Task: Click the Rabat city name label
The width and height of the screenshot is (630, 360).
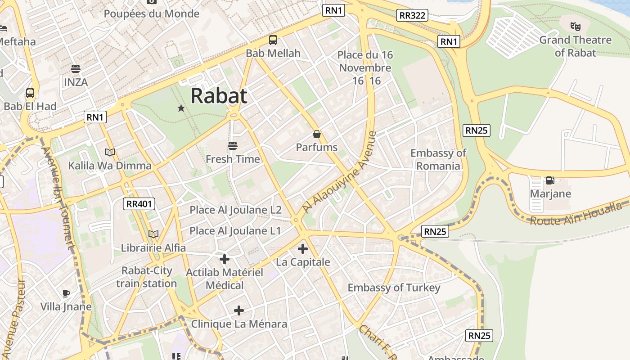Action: click(219, 96)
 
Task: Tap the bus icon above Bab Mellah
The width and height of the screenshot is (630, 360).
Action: click(273, 40)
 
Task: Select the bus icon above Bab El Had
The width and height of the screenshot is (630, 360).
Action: click(30, 93)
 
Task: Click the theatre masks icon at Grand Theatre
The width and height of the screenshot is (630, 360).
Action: click(575, 27)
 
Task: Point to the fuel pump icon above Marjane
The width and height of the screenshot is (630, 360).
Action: click(550, 180)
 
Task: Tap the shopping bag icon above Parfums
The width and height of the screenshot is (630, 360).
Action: click(317, 134)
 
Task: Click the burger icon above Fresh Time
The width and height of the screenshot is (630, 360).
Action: click(233, 146)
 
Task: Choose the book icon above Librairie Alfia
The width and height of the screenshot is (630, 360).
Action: click(153, 234)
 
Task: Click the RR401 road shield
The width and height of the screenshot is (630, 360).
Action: click(139, 204)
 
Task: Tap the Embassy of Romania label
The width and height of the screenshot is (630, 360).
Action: click(438, 159)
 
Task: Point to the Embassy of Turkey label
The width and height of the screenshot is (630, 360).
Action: click(394, 288)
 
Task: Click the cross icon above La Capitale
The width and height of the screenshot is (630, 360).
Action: click(303, 248)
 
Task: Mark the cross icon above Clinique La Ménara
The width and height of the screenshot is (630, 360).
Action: click(239, 310)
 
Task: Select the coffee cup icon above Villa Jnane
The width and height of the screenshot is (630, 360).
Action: click(66, 293)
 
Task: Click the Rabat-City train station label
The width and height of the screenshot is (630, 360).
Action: click(147, 277)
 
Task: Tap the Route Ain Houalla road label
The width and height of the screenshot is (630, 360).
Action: click(576, 215)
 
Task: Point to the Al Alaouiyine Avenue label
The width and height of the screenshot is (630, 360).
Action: click(339, 172)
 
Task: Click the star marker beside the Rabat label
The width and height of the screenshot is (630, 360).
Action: click(181, 108)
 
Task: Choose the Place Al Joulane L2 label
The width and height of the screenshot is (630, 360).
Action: click(235, 210)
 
